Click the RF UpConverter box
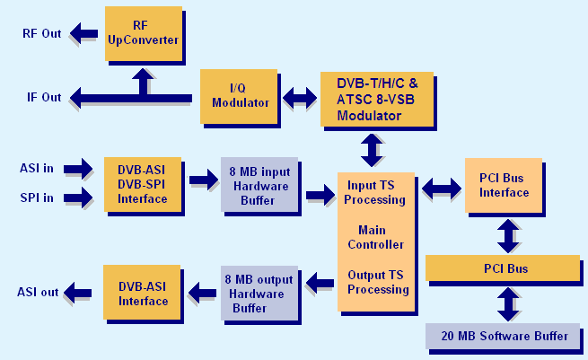click(x=143, y=33)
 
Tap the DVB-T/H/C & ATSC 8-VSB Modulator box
click(x=376, y=98)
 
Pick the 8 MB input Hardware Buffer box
click(x=259, y=185)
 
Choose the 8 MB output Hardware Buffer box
click(x=259, y=294)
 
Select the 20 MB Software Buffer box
click(x=504, y=336)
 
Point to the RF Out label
click(x=41, y=34)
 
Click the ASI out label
click(x=38, y=292)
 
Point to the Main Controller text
click(x=375, y=236)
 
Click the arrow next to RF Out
click(x=84, y=34)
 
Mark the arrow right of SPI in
click(x=79, y=197)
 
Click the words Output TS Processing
click(x=378, y=282)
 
